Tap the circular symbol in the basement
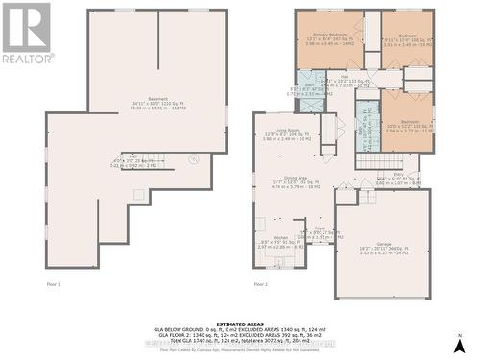193,159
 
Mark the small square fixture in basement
140,194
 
